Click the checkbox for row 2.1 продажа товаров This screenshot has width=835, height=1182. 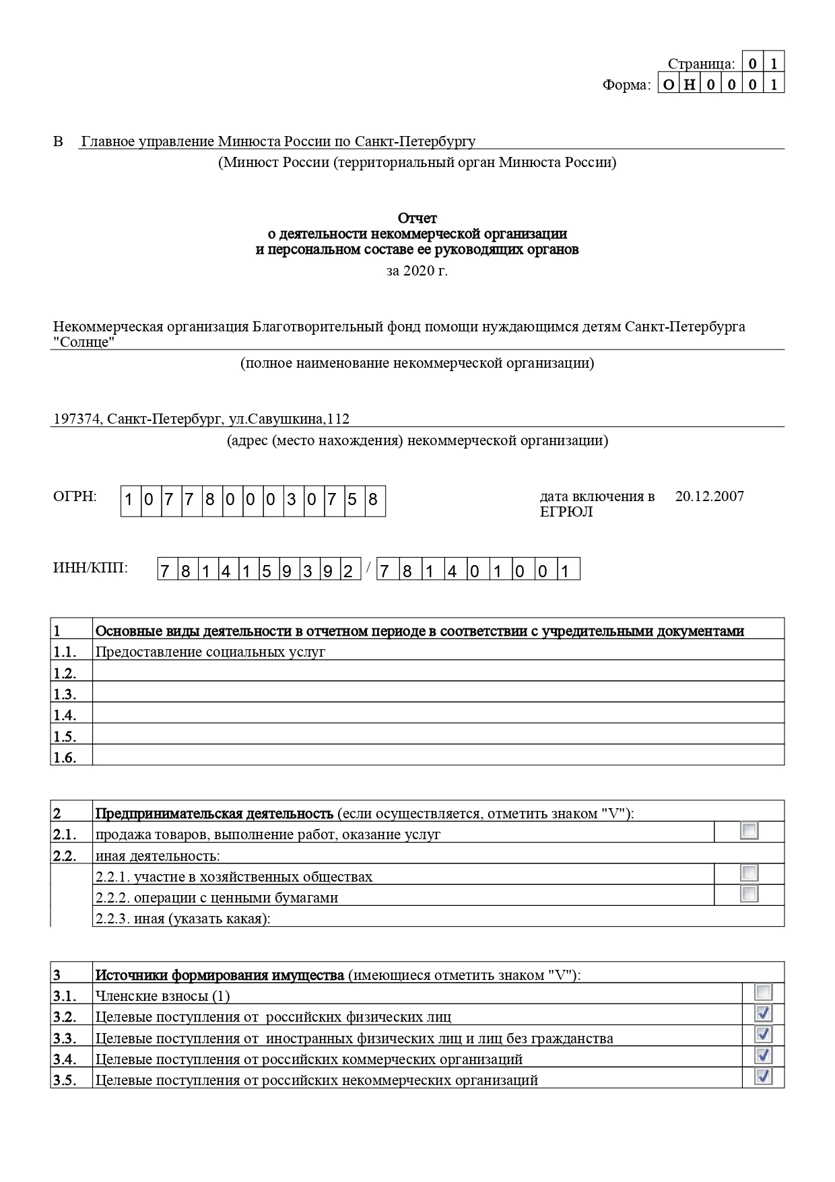(x=749, y=830)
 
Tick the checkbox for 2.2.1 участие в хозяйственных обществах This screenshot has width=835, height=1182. (x=749, y=873)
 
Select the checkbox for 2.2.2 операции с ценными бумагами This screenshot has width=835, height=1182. (x=749, y=894)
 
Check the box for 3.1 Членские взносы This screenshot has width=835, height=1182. (x=763, y=992)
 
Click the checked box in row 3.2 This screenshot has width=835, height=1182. (x=763, y=1013)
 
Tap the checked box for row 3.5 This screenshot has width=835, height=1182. (x=763, y=1076)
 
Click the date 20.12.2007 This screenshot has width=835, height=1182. (x=709, y=496)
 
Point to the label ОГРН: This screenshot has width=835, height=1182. (x=75, y=496)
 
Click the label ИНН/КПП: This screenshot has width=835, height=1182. (x=90, y=568)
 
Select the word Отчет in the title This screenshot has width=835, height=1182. (x=417, y=218)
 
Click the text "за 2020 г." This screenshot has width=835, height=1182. (x=417, y=271)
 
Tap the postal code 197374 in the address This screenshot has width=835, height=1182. (x=77, y=419)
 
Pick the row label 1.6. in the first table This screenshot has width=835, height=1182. (x=65, y=758)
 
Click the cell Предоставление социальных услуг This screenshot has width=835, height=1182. (x=210, y=652)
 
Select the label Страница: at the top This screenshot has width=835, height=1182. (x=701, y=64)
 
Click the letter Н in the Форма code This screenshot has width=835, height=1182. (x=689, y=84)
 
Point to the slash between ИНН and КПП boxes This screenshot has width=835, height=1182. (x=368, y=568)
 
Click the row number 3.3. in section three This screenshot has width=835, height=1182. (x=65, y=1039)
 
